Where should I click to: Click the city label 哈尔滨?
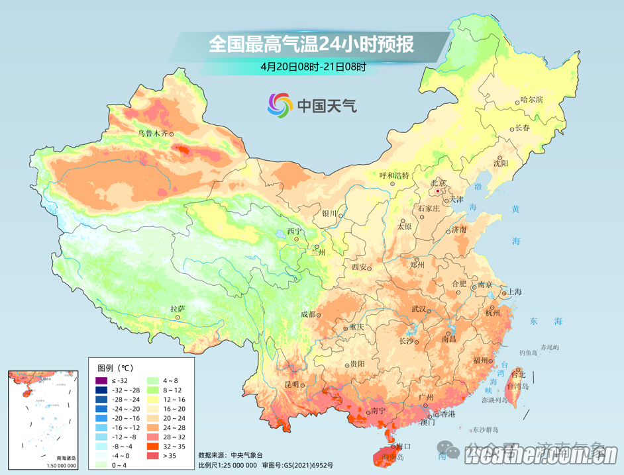pos(531,100)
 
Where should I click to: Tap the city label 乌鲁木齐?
pos(152,134)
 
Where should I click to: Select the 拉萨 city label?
pos(178,309)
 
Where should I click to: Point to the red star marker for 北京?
pos(437,191)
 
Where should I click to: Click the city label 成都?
pos(308,314)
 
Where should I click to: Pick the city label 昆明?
pos(292,384)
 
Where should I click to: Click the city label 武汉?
pos(419,309)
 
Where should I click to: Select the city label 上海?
pos(514,292)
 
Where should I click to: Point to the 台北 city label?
pos(517,374)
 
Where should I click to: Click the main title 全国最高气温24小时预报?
pos(311,44)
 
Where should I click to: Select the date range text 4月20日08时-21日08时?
pos(313,66)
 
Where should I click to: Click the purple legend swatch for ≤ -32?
pos(101,380)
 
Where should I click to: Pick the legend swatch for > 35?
pos(151,456)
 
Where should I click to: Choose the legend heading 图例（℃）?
pos(115,367)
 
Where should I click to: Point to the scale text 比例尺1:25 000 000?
pos(229,465)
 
